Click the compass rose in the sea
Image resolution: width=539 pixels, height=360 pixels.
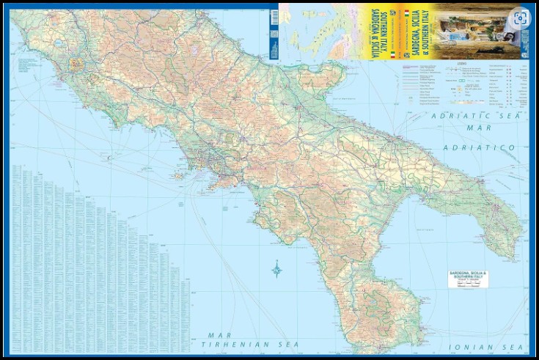point(277,269)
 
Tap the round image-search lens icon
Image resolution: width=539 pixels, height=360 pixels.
point(519,18)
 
